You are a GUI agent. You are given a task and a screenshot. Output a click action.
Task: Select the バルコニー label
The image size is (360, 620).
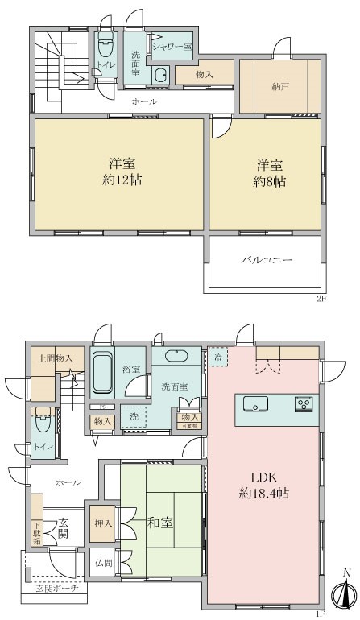click(267, 260)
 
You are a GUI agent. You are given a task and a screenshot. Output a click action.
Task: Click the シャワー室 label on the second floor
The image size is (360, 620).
click(171, 47)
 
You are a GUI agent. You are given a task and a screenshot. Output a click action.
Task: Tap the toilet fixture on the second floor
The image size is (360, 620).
click(106, 64)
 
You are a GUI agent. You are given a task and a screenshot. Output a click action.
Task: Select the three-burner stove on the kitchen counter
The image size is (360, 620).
click(304, 403)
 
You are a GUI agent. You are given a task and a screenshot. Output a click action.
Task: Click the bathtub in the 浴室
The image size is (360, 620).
click(101, 372)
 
